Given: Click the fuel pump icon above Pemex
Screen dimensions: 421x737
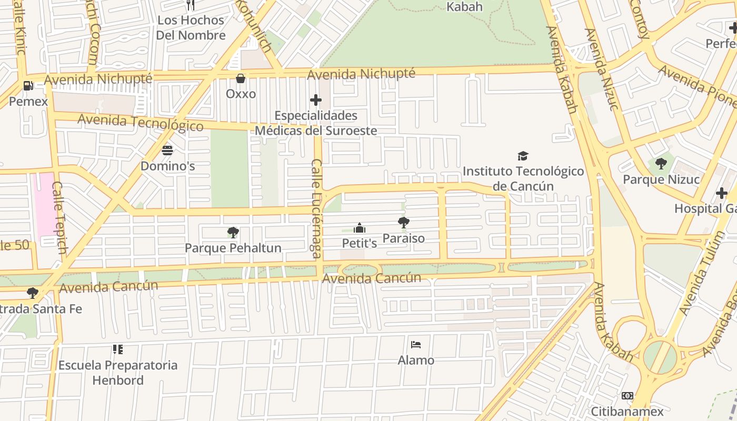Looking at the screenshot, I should coord(28,85).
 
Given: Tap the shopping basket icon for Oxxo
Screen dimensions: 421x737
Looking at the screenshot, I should coord(241,79).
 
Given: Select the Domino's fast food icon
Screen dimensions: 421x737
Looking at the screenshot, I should coord(167,151).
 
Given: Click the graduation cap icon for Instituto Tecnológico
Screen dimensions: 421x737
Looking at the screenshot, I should coord(523,156).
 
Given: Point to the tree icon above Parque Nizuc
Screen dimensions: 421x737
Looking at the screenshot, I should coord(661,164).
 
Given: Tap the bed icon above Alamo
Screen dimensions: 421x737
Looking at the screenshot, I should coord(416,345).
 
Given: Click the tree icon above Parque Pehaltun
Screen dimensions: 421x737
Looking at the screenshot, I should coord(233,232).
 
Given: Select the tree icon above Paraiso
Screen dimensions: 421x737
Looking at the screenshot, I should coord(404,223).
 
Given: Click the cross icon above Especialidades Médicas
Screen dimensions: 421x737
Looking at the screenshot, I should coord(316,99).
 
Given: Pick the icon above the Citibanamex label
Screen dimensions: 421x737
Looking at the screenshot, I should coord(627,395).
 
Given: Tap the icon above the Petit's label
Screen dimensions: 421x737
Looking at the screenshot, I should coord(360,228).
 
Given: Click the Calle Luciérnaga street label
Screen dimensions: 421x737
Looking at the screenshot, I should coord(316,208).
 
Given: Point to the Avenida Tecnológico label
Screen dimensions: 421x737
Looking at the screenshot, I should coord(141,122).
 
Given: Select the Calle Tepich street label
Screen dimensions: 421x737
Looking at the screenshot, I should coord(59,217).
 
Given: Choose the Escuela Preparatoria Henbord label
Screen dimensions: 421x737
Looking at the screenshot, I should coord(118,373).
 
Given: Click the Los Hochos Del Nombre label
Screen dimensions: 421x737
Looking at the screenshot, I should coord(191,28).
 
